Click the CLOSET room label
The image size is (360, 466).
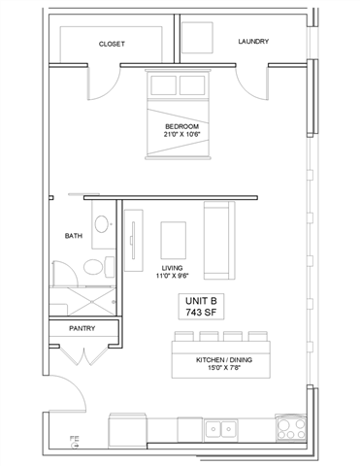point(112,45)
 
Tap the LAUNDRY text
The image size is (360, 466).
point(253,42)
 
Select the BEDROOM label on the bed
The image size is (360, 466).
point(181,126)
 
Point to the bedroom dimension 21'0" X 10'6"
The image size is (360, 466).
point(181,137)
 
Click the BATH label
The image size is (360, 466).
point(73,236)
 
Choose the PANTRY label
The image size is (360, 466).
point(82,329)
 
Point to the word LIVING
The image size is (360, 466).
point(173,266)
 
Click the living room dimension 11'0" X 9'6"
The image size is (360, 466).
point(173,276)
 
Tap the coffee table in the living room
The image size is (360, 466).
point(173,238)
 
